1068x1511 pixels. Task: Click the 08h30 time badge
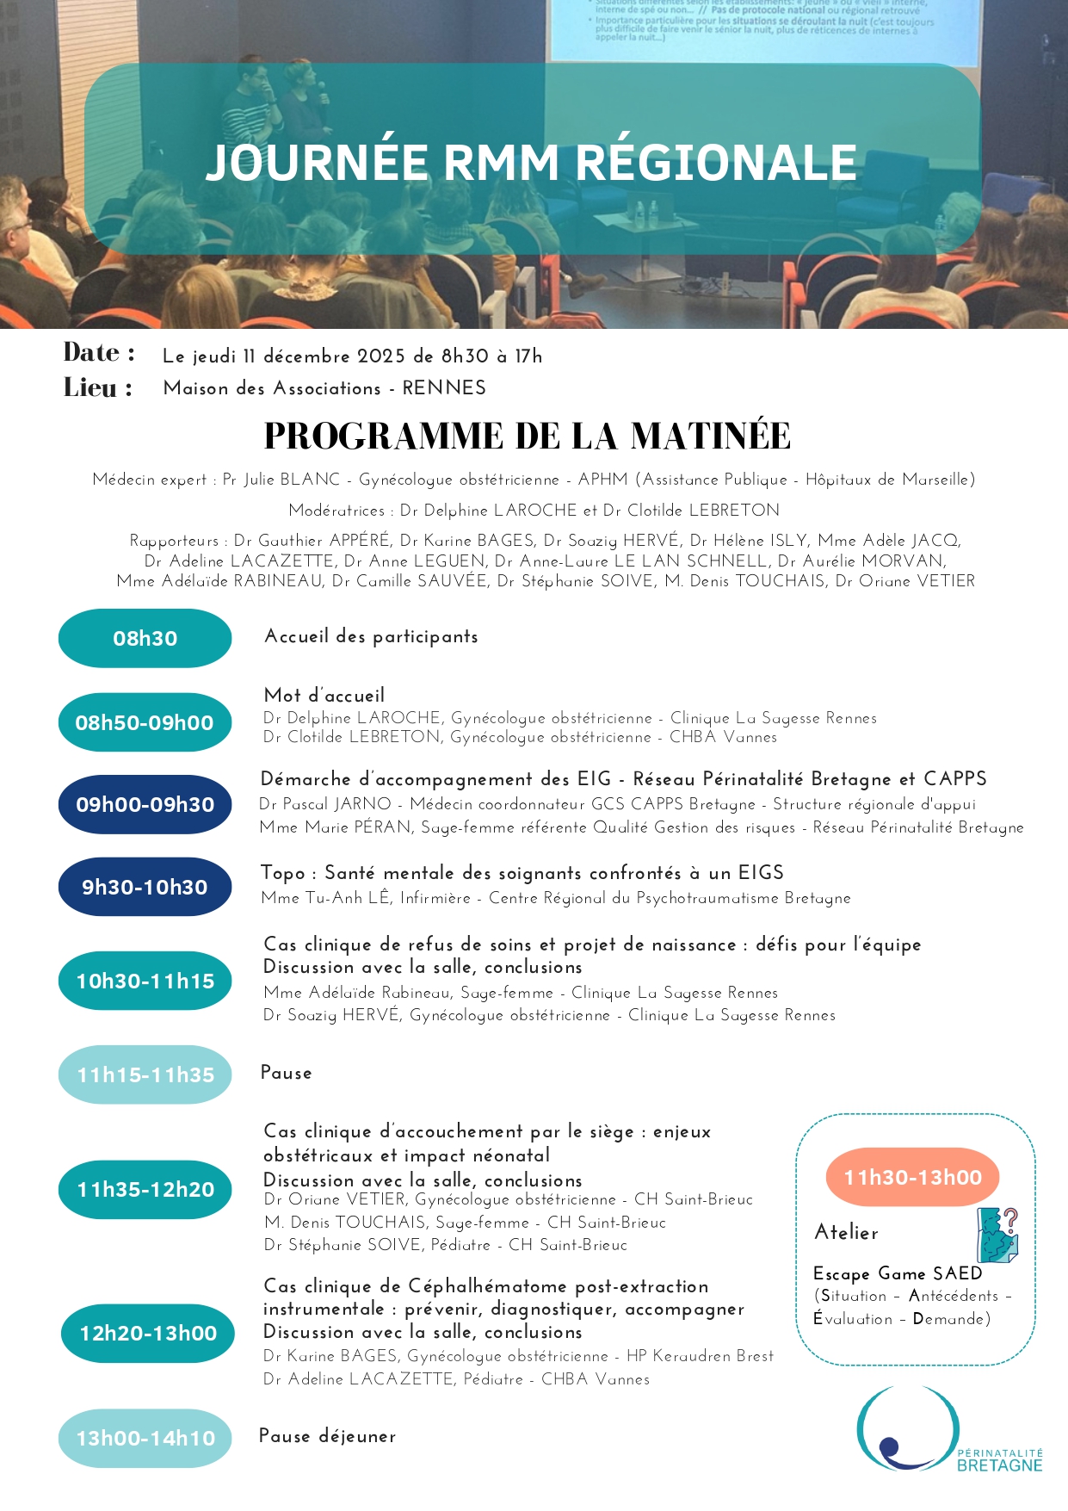(x=145, y=638)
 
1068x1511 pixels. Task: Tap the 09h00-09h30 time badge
(x=145, y=805)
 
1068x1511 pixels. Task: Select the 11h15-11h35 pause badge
(x=145, y=1074)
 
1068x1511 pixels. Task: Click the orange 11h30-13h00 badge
(x=912, y=1178)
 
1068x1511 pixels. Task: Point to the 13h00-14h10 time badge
(x=145, y=1438)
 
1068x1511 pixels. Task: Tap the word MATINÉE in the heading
(x=710, y=437)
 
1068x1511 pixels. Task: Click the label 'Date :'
(x=99, y=353)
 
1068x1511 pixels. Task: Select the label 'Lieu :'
(x=98, y=388)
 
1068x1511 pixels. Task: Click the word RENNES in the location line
(x=444, y=388)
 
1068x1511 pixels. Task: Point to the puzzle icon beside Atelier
(x=997, y=1235)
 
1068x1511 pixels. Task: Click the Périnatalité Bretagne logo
(x=947, y=1430)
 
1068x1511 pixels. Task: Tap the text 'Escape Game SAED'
(x=898, y=1273)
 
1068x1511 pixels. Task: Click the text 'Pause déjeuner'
(x=327, y=1436)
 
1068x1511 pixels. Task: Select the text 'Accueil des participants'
(x=371, y=637)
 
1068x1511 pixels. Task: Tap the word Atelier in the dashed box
(x=847, y=1233)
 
